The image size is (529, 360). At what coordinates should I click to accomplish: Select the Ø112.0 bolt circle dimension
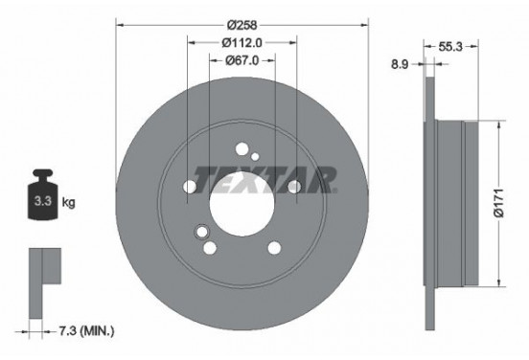pos(242,42)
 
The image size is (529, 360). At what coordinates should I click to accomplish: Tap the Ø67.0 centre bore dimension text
pos(242,60)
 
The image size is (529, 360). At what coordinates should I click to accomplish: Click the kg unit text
pos(67,204)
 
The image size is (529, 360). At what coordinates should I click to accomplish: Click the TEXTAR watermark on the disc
pos(264,178)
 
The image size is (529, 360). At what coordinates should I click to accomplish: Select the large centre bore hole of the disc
pos(241,204)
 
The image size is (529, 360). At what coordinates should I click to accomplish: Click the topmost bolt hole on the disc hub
pos(241,148)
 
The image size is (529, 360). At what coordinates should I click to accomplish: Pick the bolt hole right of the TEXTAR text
pos(295,186)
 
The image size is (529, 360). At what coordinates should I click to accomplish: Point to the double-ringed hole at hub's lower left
pos(201,232)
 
